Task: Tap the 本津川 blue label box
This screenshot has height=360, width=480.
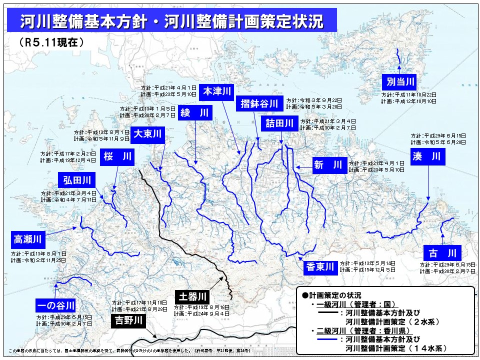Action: pyautogui.click(x=216, y=91)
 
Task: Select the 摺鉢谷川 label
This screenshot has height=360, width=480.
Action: pyautogui.click(x=259, y=104)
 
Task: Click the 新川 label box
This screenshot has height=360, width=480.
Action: pyautogui.click(x=328, y=165)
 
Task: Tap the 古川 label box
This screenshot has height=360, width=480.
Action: pyautogui.click(x=442, y=251)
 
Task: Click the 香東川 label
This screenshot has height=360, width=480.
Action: pyautogui.click(x=320, y=267)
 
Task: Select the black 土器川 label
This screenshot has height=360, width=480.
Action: pyautogui.click(x=190, y=296)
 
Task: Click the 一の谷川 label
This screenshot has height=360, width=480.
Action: pyautogui.click(x=55, y=304)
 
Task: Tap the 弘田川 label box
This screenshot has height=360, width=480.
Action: pyautogui.click(x=77, y=179)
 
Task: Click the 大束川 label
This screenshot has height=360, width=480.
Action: pyautogui.click(x=148, y=133)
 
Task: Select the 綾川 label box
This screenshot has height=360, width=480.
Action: pyautogui.click(x=194, y=113)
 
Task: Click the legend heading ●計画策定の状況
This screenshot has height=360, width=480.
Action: pyautogui.click(x=332, y=295)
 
